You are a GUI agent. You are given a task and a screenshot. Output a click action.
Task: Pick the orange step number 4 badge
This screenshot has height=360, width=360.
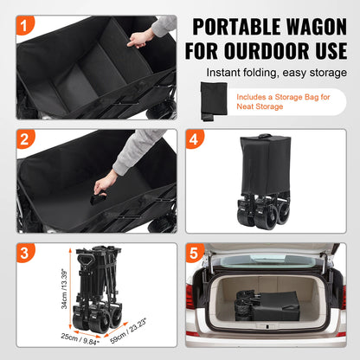[x=196, y=140]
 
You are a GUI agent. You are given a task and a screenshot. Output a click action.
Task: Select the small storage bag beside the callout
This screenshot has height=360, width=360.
[x=211, y=101]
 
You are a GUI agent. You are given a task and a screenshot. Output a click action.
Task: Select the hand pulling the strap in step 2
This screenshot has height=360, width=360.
[x=106, y=182]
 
